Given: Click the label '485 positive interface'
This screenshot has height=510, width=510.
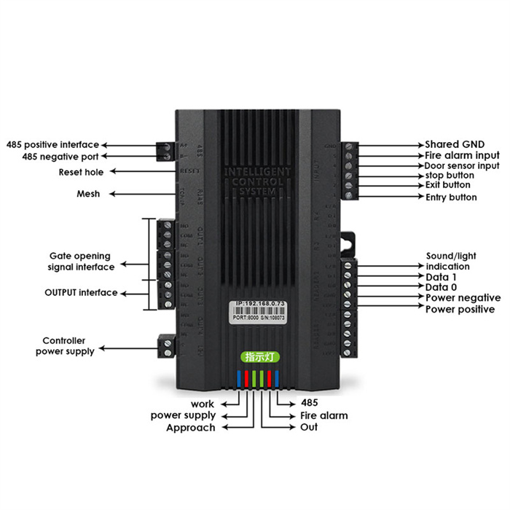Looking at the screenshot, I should [x=52, y=144].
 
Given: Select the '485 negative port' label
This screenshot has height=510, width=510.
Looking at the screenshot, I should [x=60, y=156].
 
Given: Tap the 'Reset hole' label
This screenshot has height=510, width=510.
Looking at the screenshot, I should [x=81, y=172].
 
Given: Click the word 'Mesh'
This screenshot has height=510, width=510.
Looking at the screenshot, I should [x=88, y=194].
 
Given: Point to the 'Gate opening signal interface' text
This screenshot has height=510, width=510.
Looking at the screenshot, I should [x=80, y=262].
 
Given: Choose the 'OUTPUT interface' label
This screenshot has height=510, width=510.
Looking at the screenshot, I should [x=81, y=293].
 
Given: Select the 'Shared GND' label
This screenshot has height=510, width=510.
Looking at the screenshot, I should [x=455, y=145].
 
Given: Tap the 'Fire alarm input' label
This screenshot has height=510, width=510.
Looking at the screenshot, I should [x=463, y=155].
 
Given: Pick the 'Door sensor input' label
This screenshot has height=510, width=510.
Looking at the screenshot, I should [x=463, y=165].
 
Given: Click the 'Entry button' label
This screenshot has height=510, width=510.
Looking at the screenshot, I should [x=452, y=197].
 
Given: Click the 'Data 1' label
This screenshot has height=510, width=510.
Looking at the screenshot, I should [x=442, y=277].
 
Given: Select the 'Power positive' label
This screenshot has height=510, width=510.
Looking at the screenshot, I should [x=460, y=309].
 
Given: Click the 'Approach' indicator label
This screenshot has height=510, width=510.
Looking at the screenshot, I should [x=191, y=428].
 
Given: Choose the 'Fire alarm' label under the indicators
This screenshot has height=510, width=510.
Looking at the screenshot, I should [x=323, y=415].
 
